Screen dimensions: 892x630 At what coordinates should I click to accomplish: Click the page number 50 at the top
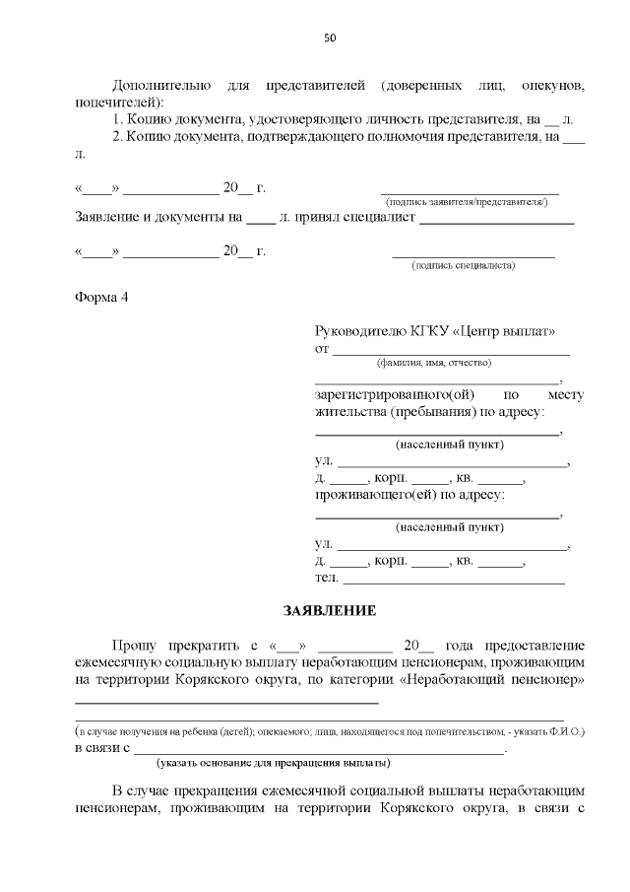click(330, 38)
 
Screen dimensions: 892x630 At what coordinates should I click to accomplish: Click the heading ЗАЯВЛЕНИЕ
click(330, 611)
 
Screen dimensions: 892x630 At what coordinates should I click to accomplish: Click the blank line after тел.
click(453, 578)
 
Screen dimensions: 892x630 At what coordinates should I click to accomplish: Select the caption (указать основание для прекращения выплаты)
click(274, 763)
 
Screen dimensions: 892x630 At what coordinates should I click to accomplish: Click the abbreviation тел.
click(326, 578)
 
